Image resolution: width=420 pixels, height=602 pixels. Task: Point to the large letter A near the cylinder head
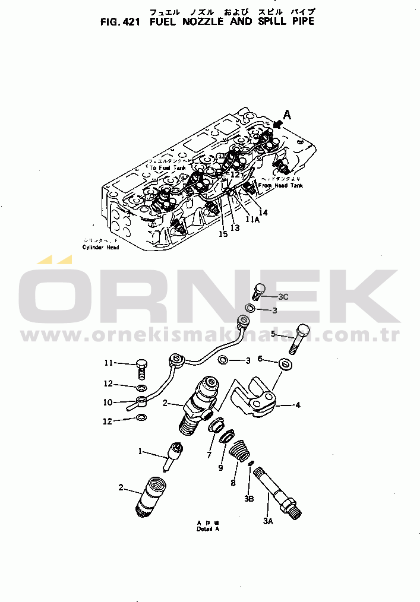[x=287, y=116]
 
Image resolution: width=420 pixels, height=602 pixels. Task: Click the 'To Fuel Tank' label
[x=168, y=168]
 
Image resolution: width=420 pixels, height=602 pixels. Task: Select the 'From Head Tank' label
[x=280, y=186]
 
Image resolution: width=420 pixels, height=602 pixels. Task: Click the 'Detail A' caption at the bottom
[x=208, y=529]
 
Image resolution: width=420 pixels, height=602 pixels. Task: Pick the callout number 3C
[x=283, y=296]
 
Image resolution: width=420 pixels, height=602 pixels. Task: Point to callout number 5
[x=273, y=334]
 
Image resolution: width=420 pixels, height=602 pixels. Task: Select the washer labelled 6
[x=285, y=363]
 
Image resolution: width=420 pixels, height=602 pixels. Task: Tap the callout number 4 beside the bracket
[x=298, y=405]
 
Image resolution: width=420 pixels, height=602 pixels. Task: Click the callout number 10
[x=108, y=402]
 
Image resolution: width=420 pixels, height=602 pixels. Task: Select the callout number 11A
[x=254, y=219]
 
